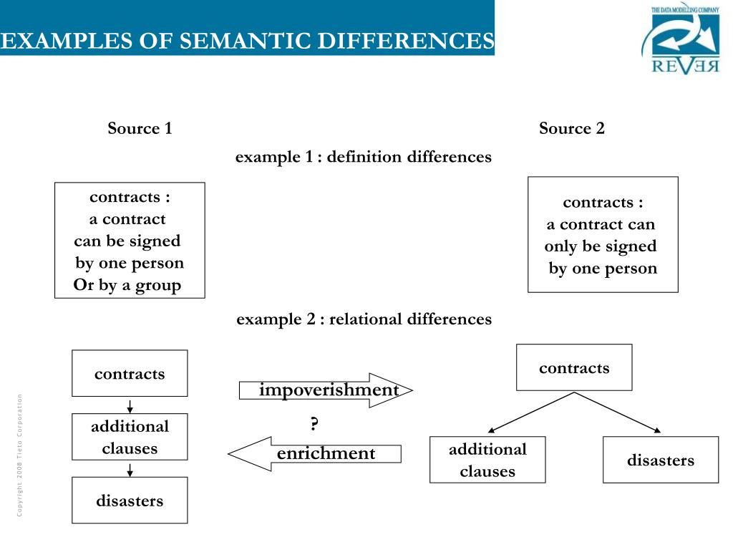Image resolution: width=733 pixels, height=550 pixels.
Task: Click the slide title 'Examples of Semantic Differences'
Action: [x=247, y=41]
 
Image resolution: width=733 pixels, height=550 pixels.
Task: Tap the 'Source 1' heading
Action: [x=140, y=129]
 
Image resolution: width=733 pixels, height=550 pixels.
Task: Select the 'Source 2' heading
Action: [x=571, y=129]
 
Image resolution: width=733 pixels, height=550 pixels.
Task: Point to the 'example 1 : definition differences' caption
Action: [x=364, y=157]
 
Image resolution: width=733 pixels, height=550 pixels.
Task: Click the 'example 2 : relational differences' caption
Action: [x=364, y=319]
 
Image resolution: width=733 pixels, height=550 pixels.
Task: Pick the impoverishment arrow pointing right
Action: [x=326, y=390]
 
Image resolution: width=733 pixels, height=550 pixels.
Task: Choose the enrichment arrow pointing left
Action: [x=315, y=454]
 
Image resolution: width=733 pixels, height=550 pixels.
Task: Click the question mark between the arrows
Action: [x=314, y=424]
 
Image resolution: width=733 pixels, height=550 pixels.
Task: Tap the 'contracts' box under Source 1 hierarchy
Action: [x=130, y=374]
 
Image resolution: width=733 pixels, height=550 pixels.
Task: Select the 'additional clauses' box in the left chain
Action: [x=130, y=437]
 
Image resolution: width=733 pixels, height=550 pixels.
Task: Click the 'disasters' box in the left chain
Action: [x=130, y=501]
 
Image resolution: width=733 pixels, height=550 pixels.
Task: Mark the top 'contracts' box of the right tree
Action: [x=574, y=368]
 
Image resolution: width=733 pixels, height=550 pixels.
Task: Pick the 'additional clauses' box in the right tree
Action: [x=487, y=460]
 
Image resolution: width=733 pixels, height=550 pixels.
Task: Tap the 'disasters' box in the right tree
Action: [x=661, y=460]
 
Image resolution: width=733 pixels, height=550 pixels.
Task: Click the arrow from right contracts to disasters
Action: [x=618, y=412]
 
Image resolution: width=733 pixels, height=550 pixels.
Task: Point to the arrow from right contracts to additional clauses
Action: [x=531, y=412]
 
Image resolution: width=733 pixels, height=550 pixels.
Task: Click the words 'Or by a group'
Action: [x=127, y=286]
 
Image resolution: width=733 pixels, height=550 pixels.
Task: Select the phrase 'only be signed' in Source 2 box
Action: [x=600, y=246]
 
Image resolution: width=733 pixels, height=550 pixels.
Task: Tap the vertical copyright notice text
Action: [x=21, y=455]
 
